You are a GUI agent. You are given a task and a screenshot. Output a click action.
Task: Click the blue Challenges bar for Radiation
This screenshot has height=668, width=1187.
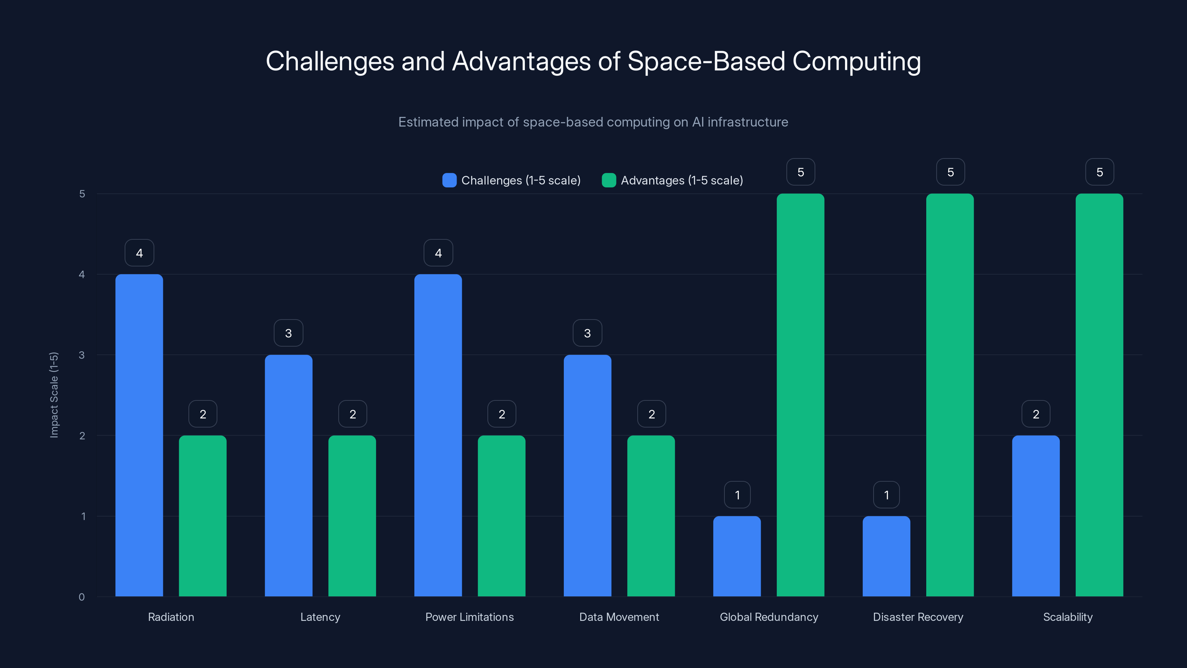(x=139, y=435)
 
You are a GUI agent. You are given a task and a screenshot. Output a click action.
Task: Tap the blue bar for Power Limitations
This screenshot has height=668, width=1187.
(x=438, y=435)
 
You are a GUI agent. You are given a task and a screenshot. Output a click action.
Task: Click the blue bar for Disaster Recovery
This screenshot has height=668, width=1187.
(x=886, y=556)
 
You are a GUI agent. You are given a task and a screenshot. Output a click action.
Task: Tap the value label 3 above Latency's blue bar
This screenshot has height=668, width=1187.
(x=289, y=333)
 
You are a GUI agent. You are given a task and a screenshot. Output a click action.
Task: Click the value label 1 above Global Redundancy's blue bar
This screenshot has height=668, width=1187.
(x=737, y=495)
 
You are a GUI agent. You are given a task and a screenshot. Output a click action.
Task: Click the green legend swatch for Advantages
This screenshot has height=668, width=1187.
(x=609, y=180)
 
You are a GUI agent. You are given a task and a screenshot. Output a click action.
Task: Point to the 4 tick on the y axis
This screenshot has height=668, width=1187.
(x=82, y=275)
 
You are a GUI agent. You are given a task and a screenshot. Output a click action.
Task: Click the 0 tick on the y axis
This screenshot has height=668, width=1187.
(x=82, y=597)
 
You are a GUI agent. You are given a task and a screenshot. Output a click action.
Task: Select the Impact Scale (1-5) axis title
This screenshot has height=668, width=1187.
(x=54, y=394)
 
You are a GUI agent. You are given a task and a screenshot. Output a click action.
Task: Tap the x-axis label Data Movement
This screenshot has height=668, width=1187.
(x=619, y=617)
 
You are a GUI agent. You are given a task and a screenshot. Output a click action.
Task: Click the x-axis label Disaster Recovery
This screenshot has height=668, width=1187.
(x=918, y=617)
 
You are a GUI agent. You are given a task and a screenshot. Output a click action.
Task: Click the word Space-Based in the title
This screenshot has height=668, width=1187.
(x=706, y=61)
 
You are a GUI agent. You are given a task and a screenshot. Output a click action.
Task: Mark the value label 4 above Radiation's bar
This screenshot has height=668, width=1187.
(x=139, y=253)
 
